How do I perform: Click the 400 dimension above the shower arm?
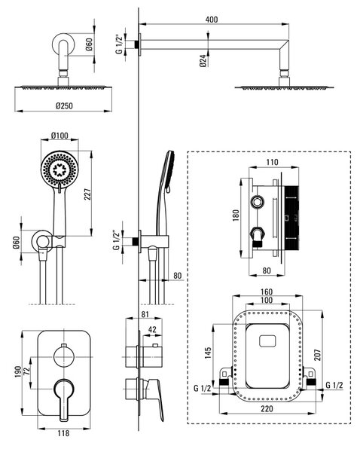(x=212, y=20)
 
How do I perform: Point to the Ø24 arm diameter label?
(x=203, y=61)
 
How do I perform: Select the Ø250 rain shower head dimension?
(x=64, y=105)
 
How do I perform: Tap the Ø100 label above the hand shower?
(x=59, y=135)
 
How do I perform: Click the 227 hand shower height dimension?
(x=87, y=194)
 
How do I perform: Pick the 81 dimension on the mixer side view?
(x=145, y=314)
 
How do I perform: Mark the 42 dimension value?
(x=152, y=329)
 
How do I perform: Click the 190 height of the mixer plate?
(x=17, y=372)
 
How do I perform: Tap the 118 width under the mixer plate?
(x=63, y=433)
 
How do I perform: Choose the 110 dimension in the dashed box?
(x=272, y=162)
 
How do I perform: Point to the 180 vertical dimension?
(x=236, y=215)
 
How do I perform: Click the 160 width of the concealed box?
(x=267, y=292)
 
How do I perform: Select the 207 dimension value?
(x=317, y=355)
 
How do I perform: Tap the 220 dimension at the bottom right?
(x=267, y=408)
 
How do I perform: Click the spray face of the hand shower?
(x=59, y=169)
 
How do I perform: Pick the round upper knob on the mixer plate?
(x=64, y=357)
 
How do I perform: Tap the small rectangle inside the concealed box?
(x=267, y=341)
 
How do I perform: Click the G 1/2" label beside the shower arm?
(x=119, y=44)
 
